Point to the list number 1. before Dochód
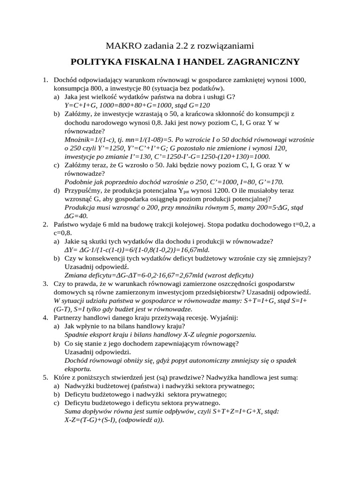[x=45, y=80]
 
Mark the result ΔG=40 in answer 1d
[x=76, y=216]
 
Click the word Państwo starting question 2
[x=67, y=225]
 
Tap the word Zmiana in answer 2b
[x=75, y=275]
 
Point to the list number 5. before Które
[x=45, y=377]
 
